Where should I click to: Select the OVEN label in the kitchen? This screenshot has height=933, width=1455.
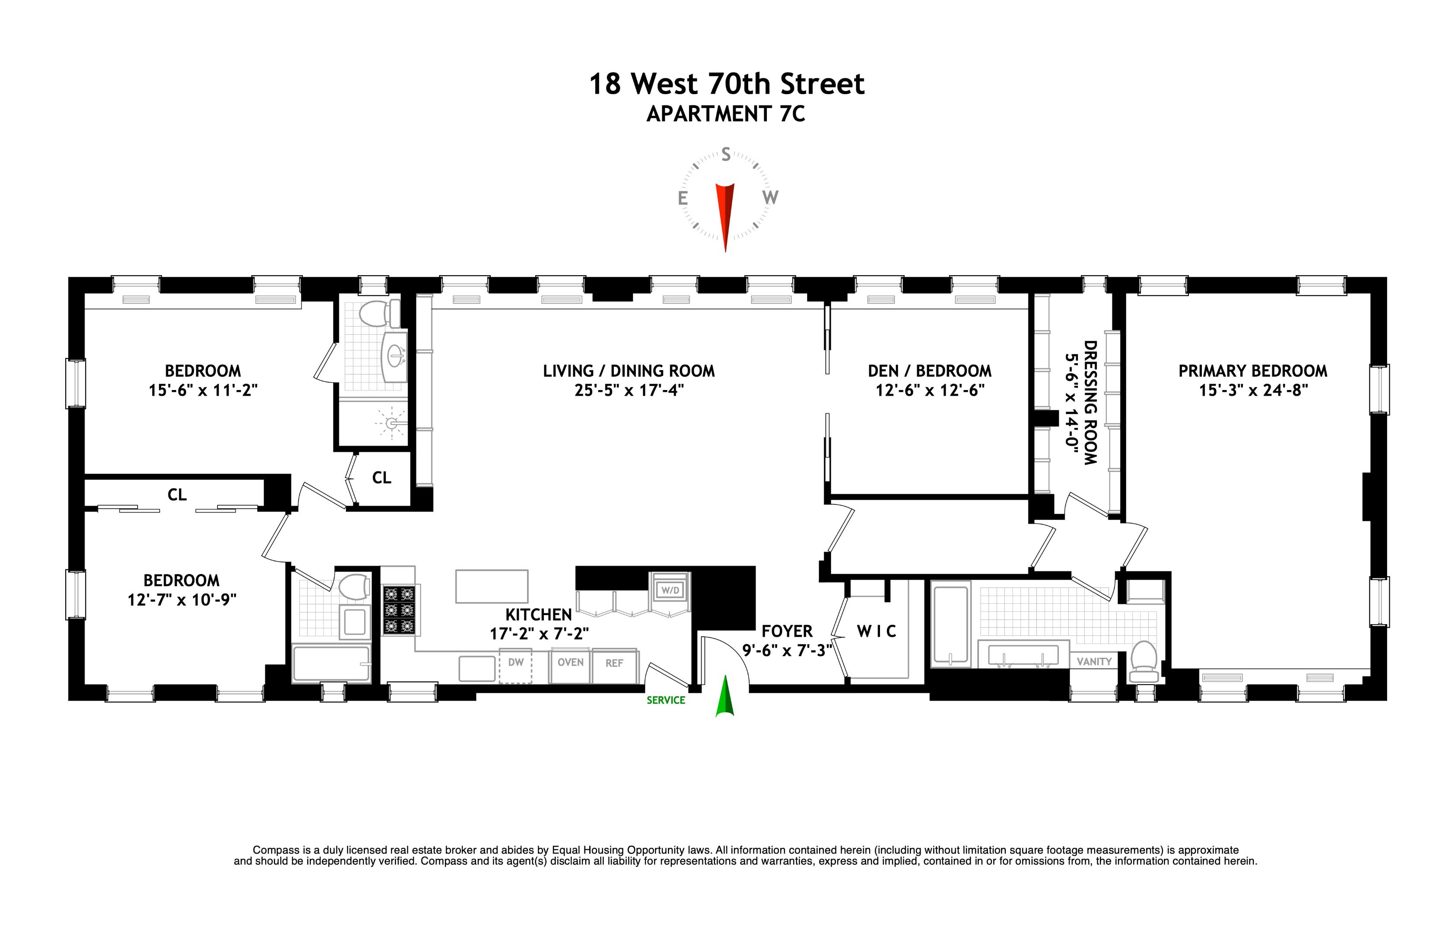[570, 663]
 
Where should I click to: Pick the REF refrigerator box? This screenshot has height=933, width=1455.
[614, 664]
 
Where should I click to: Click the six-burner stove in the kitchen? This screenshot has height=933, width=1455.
[399, 610]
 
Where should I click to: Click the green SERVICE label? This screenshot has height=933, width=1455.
[666, 700]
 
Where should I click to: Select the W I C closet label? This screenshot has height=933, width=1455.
[876, 632]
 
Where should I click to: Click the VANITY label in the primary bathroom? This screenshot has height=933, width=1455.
[1094, 662]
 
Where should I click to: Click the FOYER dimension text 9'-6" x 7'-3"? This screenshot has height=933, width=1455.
[787, 651]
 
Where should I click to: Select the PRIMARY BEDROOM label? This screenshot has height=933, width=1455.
[1253, 371]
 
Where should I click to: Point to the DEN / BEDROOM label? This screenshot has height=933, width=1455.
[929, 371]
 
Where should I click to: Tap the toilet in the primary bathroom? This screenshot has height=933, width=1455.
[1143, 662]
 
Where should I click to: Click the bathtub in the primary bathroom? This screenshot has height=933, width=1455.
[950, 624]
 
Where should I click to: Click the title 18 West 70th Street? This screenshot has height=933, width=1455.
[726, 84]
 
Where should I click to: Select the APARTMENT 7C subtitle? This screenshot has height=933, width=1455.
[726, 114]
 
